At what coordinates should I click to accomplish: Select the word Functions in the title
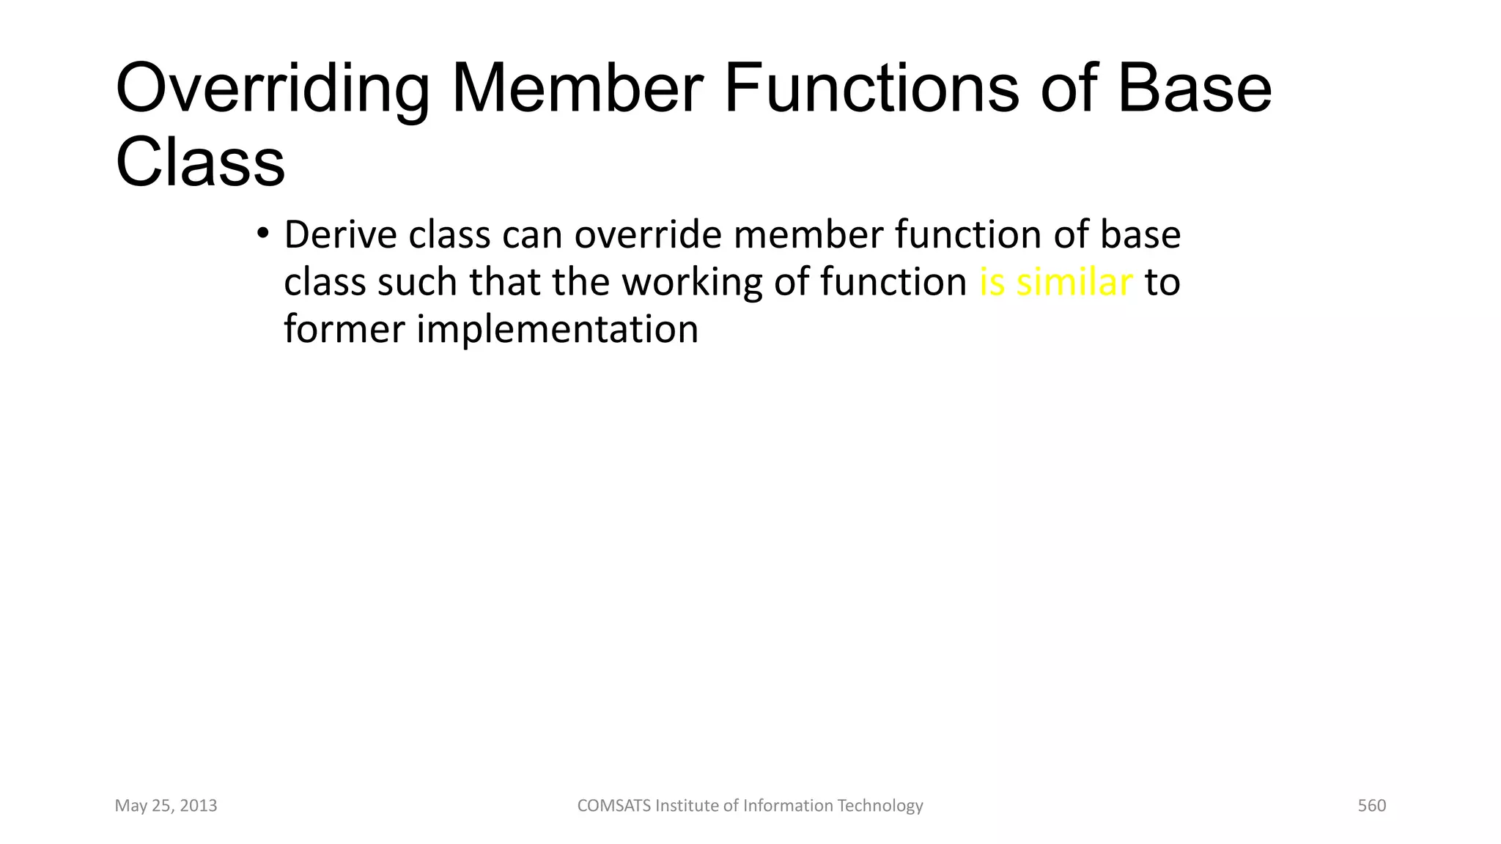pyautogui.click(x=871, y=89)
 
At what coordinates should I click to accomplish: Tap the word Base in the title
pyautogui.click(x=1194, y=89)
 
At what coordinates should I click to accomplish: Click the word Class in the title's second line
pyautogui.click(x=200, y=163)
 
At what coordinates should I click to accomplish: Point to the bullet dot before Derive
pyautogui.click(x=263, y=235)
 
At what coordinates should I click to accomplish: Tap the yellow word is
pyautogui.click(x=992, y=283)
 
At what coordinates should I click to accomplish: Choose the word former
pyautogui.click(x=344, y=330)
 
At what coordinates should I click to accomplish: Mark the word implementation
pyautogui.click(x=557, y=330)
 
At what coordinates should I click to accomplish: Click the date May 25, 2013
pyautogui.click(x=166, y=806)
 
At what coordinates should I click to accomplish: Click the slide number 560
pyautogui.click(x=1371, y=806)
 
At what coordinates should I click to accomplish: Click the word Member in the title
pyautogui.click(x=578, y=89)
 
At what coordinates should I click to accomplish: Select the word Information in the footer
pyautogui.click(x=789, y=806)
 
